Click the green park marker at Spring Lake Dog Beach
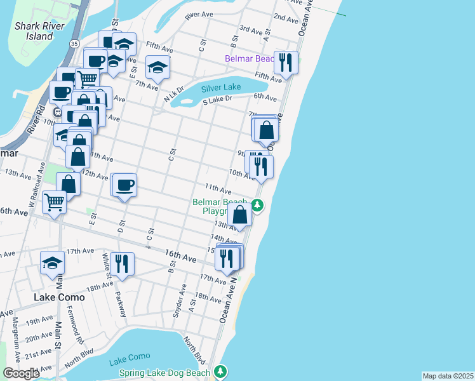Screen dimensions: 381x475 click(220, 371)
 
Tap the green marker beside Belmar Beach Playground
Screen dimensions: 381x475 click(257, 205)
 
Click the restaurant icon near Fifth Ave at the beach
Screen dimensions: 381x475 click(286, 62)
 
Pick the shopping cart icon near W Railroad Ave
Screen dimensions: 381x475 click(54, 203)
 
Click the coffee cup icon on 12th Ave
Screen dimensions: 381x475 click(124, 184)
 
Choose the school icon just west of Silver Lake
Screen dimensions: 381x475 click(157, 66)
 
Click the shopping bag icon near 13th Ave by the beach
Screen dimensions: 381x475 click(240, 214)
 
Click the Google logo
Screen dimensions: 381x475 click(21, 373)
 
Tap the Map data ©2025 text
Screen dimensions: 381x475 click(447, 376)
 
